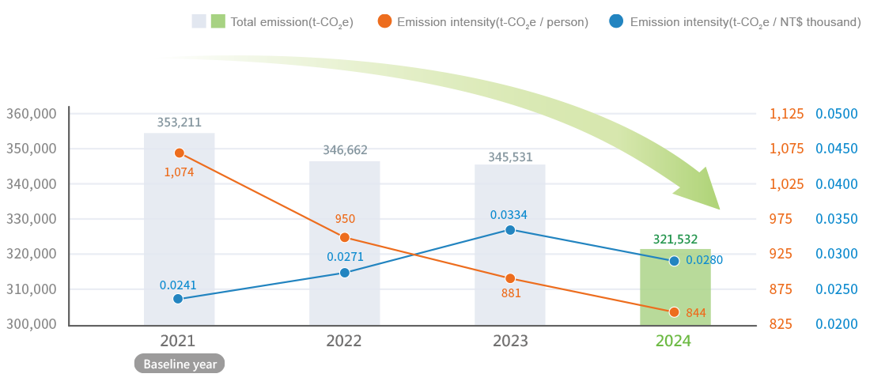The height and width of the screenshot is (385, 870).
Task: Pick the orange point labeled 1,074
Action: click(x=180, y=153)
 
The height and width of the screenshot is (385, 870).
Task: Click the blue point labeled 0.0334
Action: click(x=510, y=229)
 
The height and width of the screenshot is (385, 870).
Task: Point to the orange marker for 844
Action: click(x=674, y=311)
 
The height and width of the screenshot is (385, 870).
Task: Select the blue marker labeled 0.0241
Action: click(x=178, y=299)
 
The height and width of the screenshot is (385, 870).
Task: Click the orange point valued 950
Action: click(x=344, y=237)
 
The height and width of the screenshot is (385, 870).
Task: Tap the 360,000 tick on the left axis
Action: click(x=31, y=114)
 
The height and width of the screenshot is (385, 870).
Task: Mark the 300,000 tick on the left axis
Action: click(x=31, y=324)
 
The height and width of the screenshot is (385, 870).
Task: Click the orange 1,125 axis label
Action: click(x=786, y=114)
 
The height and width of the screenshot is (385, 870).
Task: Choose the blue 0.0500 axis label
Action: click(x=837, y=114)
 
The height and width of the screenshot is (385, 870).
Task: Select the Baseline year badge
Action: click(x=180, y=364)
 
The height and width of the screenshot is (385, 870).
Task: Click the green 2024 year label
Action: click(x=674, y=342)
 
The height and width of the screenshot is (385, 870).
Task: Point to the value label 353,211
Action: click(x=180, y=122)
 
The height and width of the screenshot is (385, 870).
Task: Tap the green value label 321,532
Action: click(x=675, y=238)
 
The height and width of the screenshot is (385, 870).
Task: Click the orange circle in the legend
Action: click(x=384, y=21)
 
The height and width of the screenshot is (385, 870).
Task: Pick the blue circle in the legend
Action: click(x=617, y=21)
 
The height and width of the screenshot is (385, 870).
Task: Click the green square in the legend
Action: click(x=217, y=21)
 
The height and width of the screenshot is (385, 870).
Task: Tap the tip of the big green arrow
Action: click(x=721, y=209)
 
